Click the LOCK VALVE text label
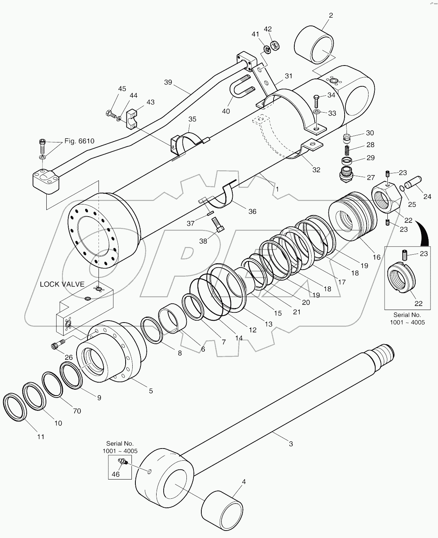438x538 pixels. tap(62, 284)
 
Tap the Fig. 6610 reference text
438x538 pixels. tap(80, 141)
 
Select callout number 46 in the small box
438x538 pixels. tap(116, 474)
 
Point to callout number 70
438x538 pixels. tap(77, 411)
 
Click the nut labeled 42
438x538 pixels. tap(276, 45)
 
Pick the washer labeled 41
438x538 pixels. tap(266, 49)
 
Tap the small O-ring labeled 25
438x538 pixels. tap(402, 188)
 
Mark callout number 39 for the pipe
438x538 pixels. tap(168, 82)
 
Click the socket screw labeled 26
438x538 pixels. tap(57, 345)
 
